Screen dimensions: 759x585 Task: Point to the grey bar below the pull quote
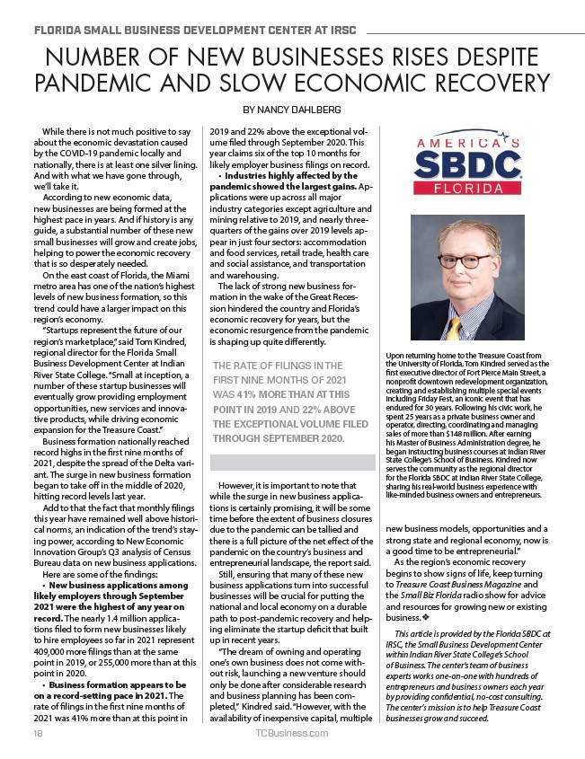pyautogui.click(x=292, y=463)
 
